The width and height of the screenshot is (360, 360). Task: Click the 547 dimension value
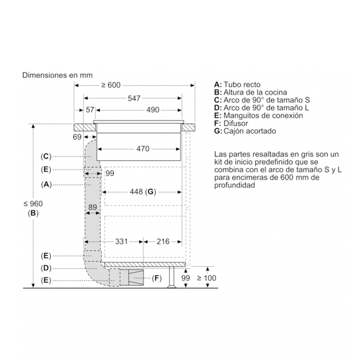click(134, 99)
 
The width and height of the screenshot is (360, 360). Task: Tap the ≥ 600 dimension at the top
click(111, 85)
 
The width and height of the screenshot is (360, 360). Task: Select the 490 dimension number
click(153, 110)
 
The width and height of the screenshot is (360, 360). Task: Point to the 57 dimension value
click(90, 110)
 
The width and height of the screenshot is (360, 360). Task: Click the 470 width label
click(143, 149)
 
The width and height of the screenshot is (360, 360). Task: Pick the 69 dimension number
click(77, 137)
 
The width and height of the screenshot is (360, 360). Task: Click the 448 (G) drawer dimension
click(143, 192)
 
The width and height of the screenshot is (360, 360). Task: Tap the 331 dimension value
click(121, 242)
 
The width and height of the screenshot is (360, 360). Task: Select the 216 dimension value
click(163, 242)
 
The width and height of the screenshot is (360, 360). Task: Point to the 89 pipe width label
click(93, 207)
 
